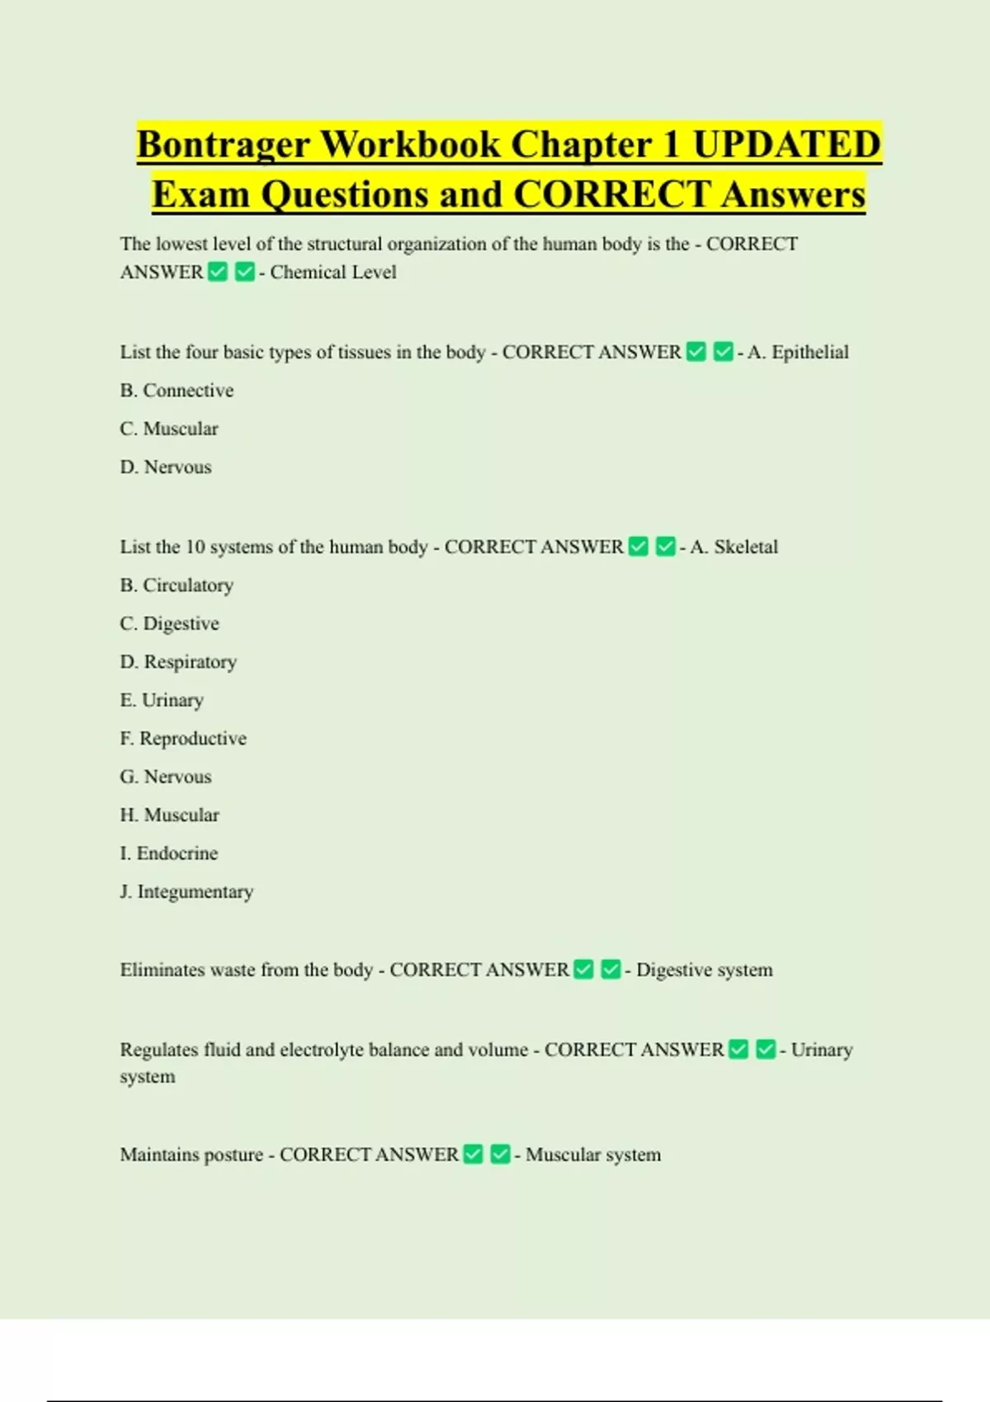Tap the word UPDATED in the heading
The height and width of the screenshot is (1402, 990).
pyautogui.click(x=787, y=144)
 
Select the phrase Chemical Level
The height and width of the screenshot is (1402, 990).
pyautogui.click(x=332, y=272)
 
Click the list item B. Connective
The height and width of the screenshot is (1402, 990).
pyautogui.click(x=177, y=390)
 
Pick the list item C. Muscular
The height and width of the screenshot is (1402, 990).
pyautogui.click(x=169, y=429)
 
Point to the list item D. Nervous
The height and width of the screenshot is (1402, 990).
pyautogui.click(x=166, y=467)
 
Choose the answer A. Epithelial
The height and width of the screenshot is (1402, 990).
pyautogui.click(x=798, y=352)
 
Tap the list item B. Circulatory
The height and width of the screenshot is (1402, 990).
pyautogui.click(x=177, y=586)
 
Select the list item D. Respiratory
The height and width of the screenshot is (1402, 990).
pyautogui.click(x=178, y=662)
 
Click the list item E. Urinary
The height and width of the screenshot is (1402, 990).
pyautogui.click(x=162, y=700)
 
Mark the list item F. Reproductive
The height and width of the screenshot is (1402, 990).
pyautogui.click(x=183, y=738)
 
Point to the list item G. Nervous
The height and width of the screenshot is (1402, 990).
pyautogui.click(x=166, y=777)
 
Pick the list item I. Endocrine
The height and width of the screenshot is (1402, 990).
pyautogui.click(x=169, y=853)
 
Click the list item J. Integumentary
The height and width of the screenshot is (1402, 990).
pyautogui.click(x=186, y=892)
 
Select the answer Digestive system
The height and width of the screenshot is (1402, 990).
pyautogui.click(x=705, y=970)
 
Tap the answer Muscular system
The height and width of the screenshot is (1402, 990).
pyautogui.click(x=593, y=1155)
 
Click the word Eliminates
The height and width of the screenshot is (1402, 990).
pyautogui.click(x=163, y=970)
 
